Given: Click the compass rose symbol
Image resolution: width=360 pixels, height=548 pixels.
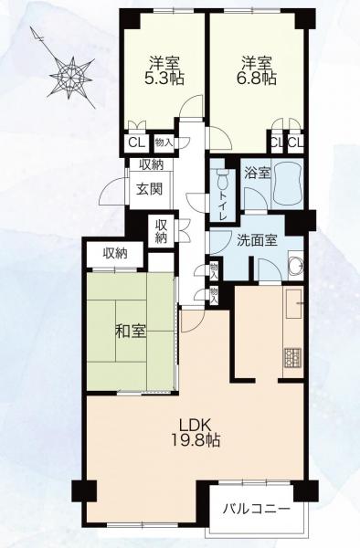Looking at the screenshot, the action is pyautogui.click(x=71, y=75).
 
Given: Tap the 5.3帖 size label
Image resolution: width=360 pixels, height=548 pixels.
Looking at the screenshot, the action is pyautogui.click(x=164, y=79).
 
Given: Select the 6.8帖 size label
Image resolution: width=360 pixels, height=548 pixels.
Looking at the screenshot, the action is pyautogui.click(x=257, y=79).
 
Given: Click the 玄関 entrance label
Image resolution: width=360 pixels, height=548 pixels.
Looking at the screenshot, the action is pyautogui.click(x=149, y=189).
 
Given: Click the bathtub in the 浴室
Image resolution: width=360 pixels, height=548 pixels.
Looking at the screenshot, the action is pyautogui.click(x=287, y=184).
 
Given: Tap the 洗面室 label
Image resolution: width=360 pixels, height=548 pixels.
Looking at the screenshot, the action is pyautogui.click(x=257, y=240).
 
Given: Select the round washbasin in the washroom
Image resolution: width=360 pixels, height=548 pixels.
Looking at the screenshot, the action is pyautogui.click(x=296, y=267).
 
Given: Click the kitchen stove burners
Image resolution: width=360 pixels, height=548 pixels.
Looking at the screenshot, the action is pyautogui.click(x=292, y=357).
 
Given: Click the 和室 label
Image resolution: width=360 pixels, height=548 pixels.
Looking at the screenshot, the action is pyautogui.click(x=131, y=332).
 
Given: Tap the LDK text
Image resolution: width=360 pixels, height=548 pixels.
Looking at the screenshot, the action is pyautogui.click(x=195, y=426).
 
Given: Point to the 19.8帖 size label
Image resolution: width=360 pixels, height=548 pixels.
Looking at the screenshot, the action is pyautogui.click(x=196, y=440).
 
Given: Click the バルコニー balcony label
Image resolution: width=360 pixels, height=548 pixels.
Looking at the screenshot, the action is pyautogui.click(x=257, y=508).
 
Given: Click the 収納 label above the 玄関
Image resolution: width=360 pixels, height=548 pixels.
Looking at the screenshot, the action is pyautogui.click(x=152, y=164).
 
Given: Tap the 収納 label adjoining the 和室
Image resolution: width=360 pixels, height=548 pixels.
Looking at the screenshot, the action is pyautogui.click(x=115, y=253).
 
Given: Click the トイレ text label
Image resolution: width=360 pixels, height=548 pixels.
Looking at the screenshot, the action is pyautogui.click(x=222, y=207).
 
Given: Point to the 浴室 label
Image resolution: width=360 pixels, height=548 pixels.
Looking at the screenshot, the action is pyautogui.click(x=258, y=174).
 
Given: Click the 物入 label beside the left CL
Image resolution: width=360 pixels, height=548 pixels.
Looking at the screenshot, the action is pyautogui.click(x=164, y=142).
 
